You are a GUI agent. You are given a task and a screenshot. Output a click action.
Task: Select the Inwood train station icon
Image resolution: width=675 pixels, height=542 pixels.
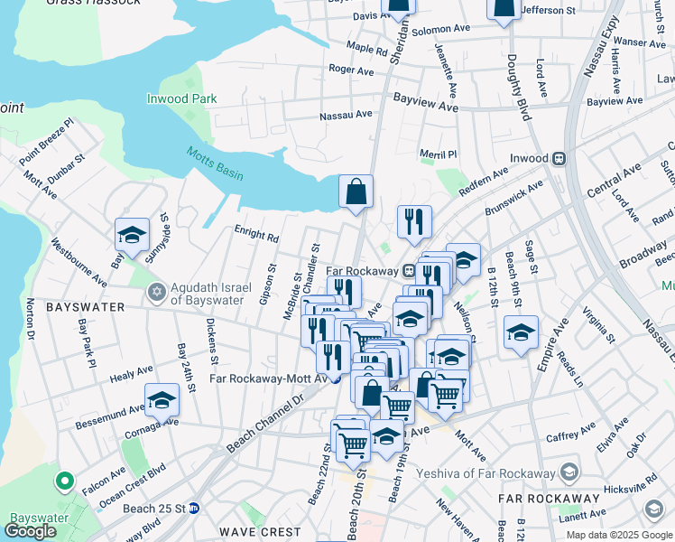click(x=559, y=158)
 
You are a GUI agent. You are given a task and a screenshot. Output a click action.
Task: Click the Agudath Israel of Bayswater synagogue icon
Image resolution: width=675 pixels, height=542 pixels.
click(x=157, y=292)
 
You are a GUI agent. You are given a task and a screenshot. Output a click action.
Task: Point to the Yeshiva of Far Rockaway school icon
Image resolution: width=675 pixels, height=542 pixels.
click(x=569, y=472)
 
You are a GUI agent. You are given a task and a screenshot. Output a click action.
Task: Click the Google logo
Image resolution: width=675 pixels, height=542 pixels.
click(x=30, y=531)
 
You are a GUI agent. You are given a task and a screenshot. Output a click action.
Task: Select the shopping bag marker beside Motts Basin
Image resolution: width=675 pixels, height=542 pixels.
click(x=356, y=192)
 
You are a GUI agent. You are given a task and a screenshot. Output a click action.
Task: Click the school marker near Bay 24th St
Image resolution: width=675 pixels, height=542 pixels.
click(x=162, y=398)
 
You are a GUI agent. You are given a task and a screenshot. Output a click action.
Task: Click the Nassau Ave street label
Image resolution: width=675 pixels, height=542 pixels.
click(x=347, y=115)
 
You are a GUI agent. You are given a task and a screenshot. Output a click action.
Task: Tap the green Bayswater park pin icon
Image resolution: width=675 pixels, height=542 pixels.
click(x=65, y=481)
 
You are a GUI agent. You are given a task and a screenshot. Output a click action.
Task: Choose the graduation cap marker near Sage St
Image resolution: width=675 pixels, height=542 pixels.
click(x=521, y=332)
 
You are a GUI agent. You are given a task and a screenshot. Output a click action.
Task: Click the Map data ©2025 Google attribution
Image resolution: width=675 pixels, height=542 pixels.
click(x=620, y=535)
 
